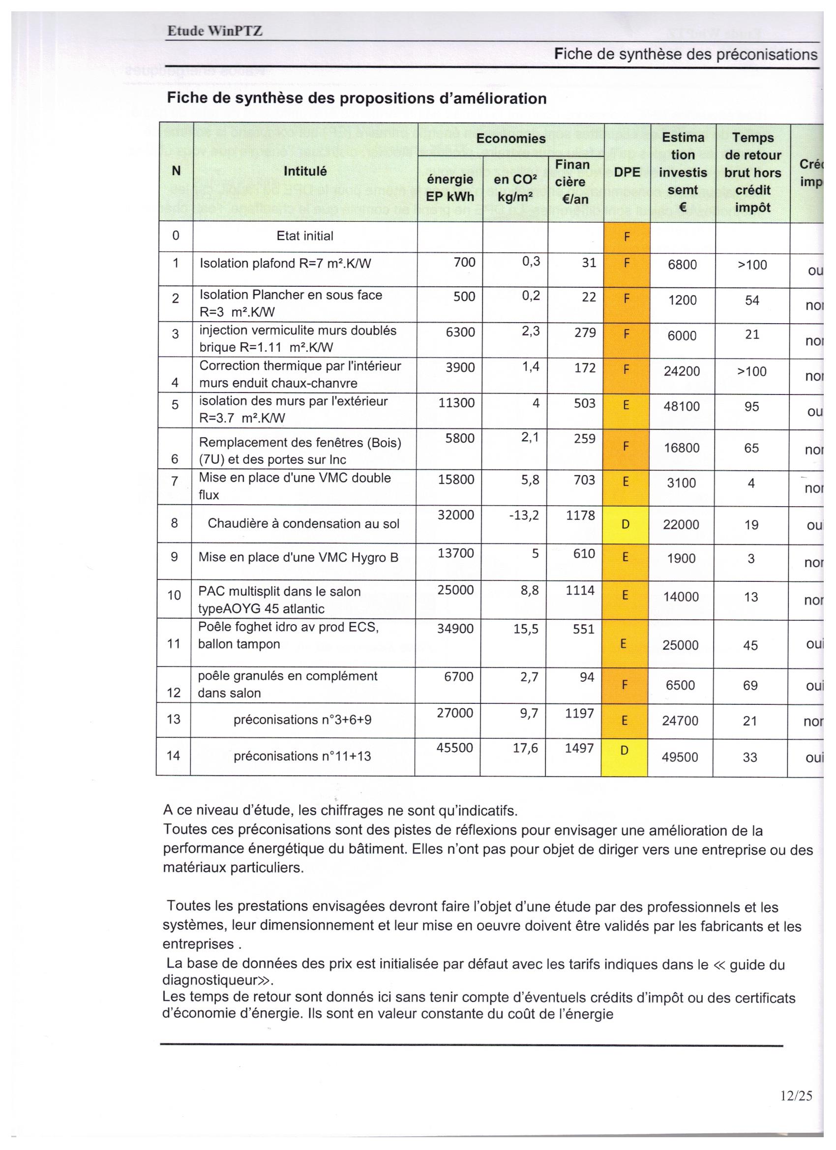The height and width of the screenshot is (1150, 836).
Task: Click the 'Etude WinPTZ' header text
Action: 215,31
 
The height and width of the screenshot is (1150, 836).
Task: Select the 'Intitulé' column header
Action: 305,171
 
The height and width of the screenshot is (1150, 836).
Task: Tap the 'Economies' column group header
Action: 510,138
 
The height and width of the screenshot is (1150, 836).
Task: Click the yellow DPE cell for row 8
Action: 625,524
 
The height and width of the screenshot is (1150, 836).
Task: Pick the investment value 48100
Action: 682,407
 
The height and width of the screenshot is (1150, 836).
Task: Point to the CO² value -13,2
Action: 524,515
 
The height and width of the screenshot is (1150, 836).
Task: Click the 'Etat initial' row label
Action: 305,236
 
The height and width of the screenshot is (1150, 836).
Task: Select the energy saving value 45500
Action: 455,748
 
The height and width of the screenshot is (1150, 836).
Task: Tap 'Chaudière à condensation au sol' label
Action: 303,524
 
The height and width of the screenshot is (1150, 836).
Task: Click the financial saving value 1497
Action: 579,749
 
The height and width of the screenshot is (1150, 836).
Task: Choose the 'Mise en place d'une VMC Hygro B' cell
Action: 298,558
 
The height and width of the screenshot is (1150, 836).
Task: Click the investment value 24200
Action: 682,372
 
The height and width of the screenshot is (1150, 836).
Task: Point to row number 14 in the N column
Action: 174,756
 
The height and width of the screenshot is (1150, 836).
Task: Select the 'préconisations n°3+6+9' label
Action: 302,720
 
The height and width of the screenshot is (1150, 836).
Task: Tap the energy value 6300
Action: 460,333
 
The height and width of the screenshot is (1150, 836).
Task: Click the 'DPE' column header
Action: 627,172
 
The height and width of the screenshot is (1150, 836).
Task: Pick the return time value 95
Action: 752,407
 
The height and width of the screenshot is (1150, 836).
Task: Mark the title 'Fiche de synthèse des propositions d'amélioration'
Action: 357,98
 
